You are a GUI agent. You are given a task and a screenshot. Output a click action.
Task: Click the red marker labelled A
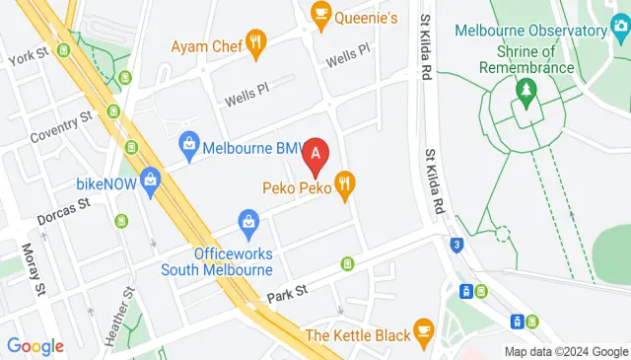tap(315, 154)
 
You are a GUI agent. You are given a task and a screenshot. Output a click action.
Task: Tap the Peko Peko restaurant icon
tap(345, 182)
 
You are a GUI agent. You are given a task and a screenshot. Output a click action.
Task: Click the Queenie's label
tap(365, 17)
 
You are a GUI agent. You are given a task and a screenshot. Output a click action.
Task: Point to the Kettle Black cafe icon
tap(424, 328)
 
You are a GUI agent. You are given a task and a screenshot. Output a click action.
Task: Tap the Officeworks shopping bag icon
tap(250, 221)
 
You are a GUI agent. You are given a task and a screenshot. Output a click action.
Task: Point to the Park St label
tap(288, 293)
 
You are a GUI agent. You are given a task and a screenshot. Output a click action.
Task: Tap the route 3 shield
tap(456, 246)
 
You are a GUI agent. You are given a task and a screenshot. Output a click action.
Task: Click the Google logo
tap(35, 345)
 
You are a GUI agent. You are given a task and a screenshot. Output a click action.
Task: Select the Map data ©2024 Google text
tap(566, 352)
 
